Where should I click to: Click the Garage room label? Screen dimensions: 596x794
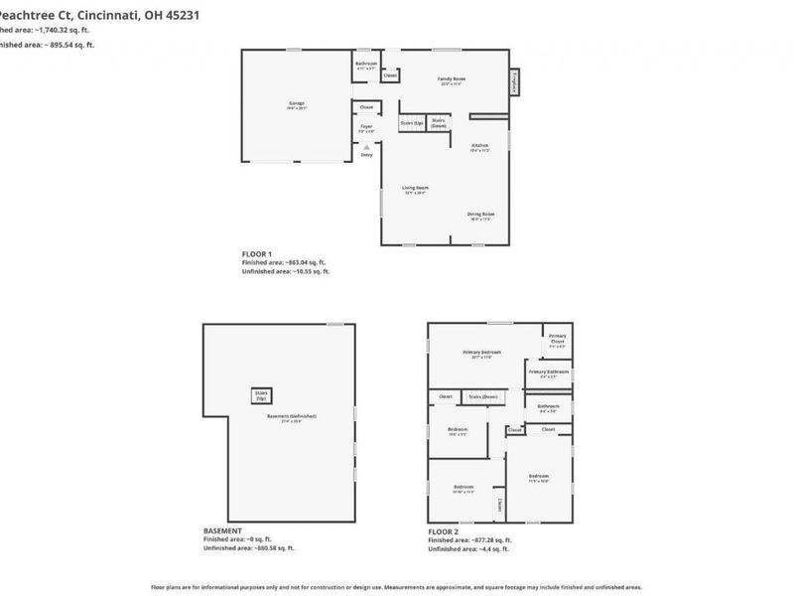297,103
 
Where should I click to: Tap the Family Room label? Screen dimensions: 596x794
453,79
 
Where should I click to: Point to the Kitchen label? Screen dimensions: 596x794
480,147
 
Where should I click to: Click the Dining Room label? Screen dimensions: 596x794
481,215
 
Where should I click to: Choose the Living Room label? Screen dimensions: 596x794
414,189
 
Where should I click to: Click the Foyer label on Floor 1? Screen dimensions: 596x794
366,127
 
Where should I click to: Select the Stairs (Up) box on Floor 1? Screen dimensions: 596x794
412,123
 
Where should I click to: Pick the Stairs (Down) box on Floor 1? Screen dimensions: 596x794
439,123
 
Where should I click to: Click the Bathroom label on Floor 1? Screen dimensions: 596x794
366,65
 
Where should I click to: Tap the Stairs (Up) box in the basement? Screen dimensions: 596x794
261,395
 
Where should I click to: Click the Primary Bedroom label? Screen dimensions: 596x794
482,353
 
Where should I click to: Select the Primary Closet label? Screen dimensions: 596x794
558,339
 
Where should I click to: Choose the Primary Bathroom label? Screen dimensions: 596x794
549,373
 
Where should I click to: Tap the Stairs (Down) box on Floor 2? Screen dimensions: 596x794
483,396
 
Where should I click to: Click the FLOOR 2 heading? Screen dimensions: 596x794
443,531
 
